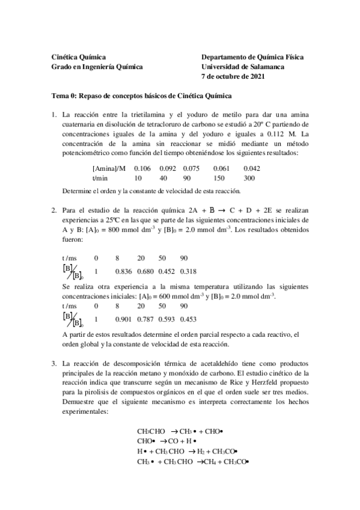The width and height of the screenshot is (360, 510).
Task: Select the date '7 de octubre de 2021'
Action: click(x=233, y=76)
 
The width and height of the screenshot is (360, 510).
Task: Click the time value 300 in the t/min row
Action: click(x=249, y=178)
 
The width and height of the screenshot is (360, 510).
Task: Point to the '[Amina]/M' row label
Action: click(x=109, y=168)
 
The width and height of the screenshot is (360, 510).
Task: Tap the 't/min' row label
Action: click(x=100, y=178)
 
